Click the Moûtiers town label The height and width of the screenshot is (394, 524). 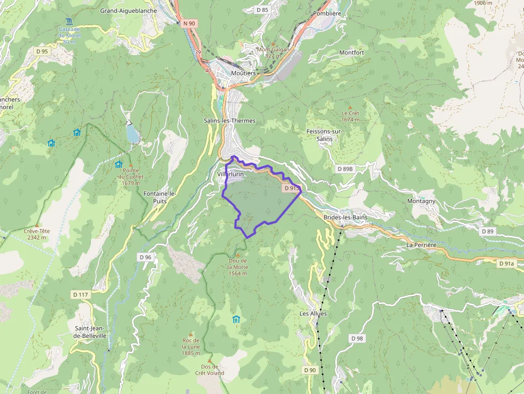click(x=243, y=73)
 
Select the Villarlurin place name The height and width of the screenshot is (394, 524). click(x=230, y=174)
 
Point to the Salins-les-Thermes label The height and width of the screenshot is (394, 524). click(x=229, y=121)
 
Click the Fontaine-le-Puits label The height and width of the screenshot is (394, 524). click(x=160, y=197)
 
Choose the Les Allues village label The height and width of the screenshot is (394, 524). click(x=313, y=313)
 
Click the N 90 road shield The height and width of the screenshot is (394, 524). click(x=188, y=23)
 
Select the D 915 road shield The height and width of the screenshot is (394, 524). click(x=292, y=188)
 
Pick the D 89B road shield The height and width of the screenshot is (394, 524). click(x=345, y=169)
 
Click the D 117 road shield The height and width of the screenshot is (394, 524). click(x=80, y=295)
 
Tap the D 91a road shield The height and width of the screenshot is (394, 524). click(x=505, y=264)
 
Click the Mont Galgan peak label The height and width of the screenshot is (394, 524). click(x=273, y=52)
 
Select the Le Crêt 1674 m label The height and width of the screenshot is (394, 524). click(x=350, y=116)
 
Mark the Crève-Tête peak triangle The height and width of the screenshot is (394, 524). click(x=37, y=225)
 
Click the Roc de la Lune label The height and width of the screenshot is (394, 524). click(x=191, y=344)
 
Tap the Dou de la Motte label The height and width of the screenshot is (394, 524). click(x=237, y=267)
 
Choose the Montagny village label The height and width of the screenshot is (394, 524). click(x=421, y=201)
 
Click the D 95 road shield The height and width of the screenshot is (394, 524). click(x=42, y=52)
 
